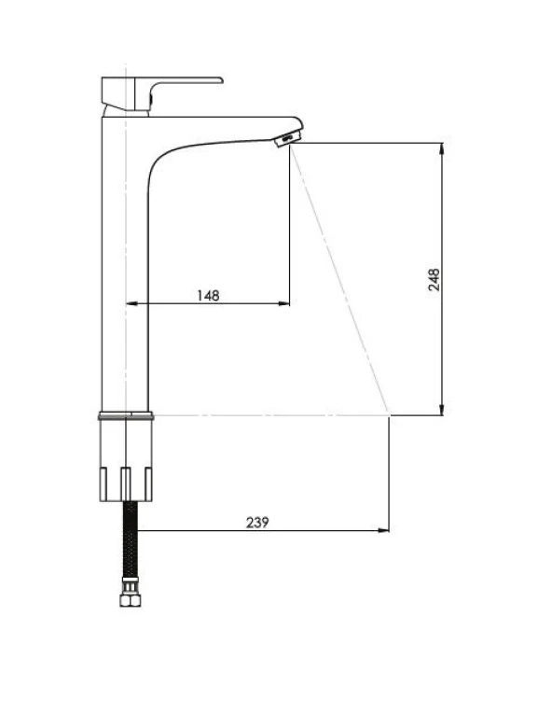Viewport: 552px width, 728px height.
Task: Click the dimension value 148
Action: [208, 295]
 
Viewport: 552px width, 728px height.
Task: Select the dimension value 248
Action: [435, 279]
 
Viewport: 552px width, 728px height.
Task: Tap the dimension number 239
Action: [257, 523]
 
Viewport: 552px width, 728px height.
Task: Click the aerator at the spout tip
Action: [287, 138]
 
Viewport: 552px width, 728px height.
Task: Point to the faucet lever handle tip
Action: [221, 80]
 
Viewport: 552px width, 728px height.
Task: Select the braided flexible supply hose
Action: [131, 542]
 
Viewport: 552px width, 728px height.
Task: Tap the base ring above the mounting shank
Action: [126, 415]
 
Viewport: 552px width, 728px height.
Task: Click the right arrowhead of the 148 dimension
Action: [283, 303]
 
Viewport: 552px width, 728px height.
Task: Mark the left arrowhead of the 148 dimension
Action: [132, 303]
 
